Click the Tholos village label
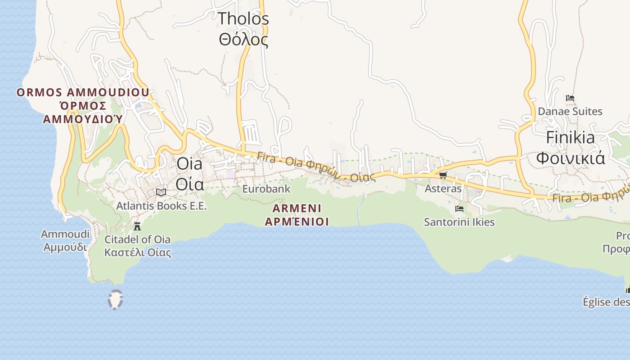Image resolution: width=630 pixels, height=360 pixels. click(x=243, y=29)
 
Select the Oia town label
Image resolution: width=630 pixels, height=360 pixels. click(x=189, y=174)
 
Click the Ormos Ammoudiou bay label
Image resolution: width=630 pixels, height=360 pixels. click(x=83, y=106)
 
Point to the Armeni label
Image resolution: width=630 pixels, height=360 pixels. click(x=297, y=215)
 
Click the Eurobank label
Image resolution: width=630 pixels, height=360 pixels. click(x=266, y=189)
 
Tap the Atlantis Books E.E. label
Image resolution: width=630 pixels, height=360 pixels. click(x=161, y=206)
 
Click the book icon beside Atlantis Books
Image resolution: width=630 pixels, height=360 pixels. click(x=161, y=193)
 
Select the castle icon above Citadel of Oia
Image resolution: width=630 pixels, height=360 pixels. click(x=137, y=226)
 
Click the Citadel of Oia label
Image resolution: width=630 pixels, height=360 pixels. click(x=138, y=246)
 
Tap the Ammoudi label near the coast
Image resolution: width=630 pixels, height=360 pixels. click(x=65, y=241)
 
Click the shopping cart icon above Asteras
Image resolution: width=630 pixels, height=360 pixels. click(x=443, y=175)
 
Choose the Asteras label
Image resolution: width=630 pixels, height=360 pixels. click(x=443, y=189)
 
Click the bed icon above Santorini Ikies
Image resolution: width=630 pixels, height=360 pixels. click(x=459, y=209)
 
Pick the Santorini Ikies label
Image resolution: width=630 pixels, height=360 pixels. click(x=459, y=222)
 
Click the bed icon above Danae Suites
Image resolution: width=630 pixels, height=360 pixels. click(x=570, y=98)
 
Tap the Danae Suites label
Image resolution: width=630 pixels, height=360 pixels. click(x=570, y=111)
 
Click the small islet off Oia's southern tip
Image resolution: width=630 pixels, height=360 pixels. click(x=116, y=299)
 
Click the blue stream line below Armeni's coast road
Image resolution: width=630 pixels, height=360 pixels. click(x=360, y=209)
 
